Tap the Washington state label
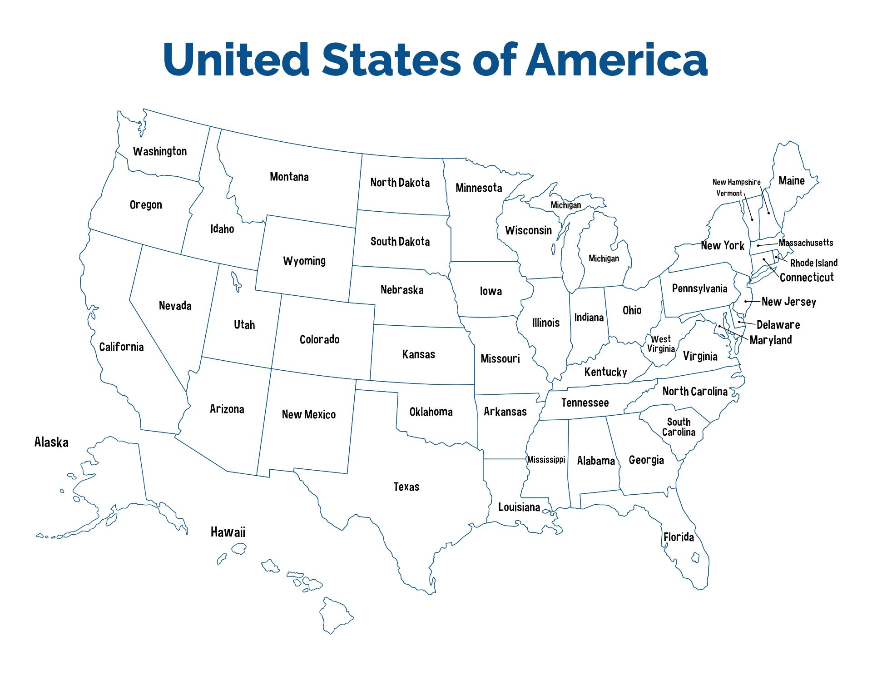pyautogui.click(x=160, y=151)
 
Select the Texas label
pyautogui.click(x=406, y=487)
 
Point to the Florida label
pyautogui.click(x=679, y=537)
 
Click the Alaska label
pyautogui.click(x=51, y=442)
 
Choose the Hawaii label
pyautogui.click(x=228, y=532)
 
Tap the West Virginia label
pyautogui.click(x=661, y=344)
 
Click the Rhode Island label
pyautogui.click(x=814, y=263)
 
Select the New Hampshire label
pyautogui.click(x=736, y=182)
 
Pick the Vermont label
pyautogui.click(x=729, y=193)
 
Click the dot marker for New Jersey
pyautogui.click(x=746, y=301)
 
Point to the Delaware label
pyautogui.click(x=778, y=325)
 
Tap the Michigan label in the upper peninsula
pyautogui.click(x=565, y=205)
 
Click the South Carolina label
pyautogui.click(x=679, y=427)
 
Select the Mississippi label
pyautogui.click(x=546, y=459)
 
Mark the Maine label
pyautogui.click(x=792, y=181)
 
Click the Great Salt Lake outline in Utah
pyautogui.click(x=236, y=281)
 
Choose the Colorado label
pyautogui.click(x=319, y=339)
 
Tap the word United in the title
pyautogui.click(x=236, y=60)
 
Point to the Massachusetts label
pyautogui.click(x=806, y=243)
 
